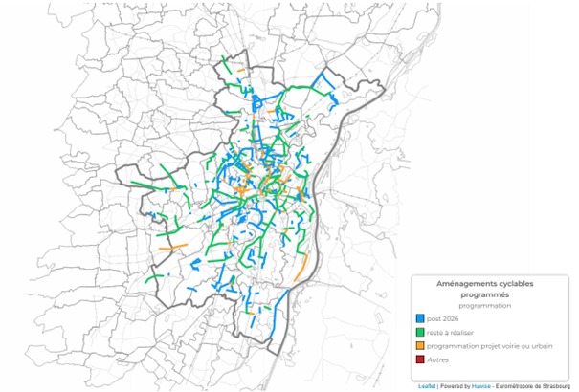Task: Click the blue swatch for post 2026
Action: (419, 318)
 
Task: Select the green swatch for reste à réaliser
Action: (419, 332)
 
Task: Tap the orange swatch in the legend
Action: (419, 345)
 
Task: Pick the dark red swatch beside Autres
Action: (419, 359)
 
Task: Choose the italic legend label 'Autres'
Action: (437, 359)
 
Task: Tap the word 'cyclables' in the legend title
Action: (518, 285)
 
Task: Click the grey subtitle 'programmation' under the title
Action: (490, 306)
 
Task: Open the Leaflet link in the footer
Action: (426, 387)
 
